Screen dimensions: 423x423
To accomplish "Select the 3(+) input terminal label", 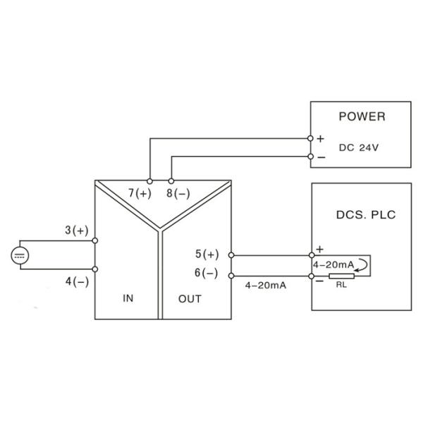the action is (76, 230).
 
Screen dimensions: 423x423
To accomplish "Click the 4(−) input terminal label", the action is (76, 281).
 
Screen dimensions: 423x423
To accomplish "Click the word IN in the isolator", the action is (128, 298).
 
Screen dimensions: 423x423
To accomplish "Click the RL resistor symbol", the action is (341, 277).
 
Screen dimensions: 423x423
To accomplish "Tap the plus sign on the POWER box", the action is (320, 140).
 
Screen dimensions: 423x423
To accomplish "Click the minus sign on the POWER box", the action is (321, 157).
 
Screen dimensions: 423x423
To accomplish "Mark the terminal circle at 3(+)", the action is (95, 240).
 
